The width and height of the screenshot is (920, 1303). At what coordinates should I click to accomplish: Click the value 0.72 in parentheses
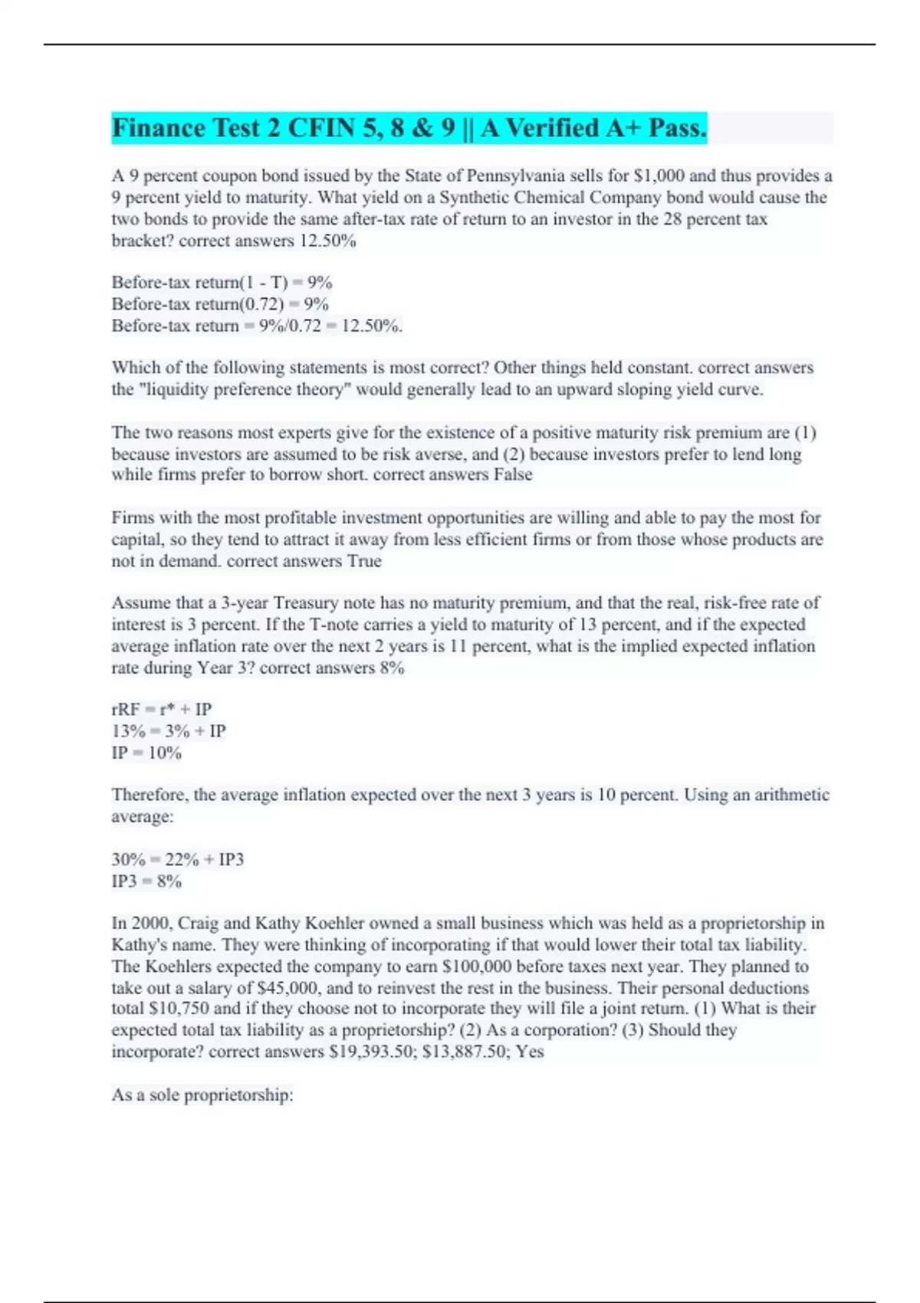coord(261,304)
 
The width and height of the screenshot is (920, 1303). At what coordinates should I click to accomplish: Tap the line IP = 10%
coord(146,753)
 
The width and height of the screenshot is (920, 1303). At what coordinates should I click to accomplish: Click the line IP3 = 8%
coord(146,881)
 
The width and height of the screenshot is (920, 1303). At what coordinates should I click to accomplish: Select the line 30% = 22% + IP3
coord(178,860)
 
